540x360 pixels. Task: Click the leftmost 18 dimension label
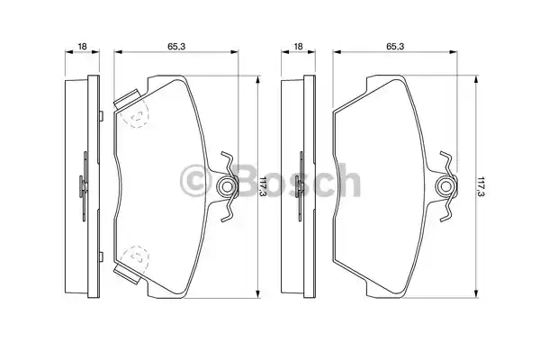pyautogui.click(x=82, y=46)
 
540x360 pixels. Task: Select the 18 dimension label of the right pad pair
pyautogui.click(x=298, y=46)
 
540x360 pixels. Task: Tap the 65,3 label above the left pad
pyautogui.click(x=176, y=46)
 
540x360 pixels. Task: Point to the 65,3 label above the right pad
pyautogui.click(x=395, y=46)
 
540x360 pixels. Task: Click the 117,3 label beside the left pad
pyautogui.click(x=263, y=186)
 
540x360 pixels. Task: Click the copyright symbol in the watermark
pyautogui.click(x=195, y=181)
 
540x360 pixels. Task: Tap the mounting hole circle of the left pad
pyautogui.click(x=226, y=187)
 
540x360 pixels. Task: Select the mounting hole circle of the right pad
pyautogui.click(x=446, y=187)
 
